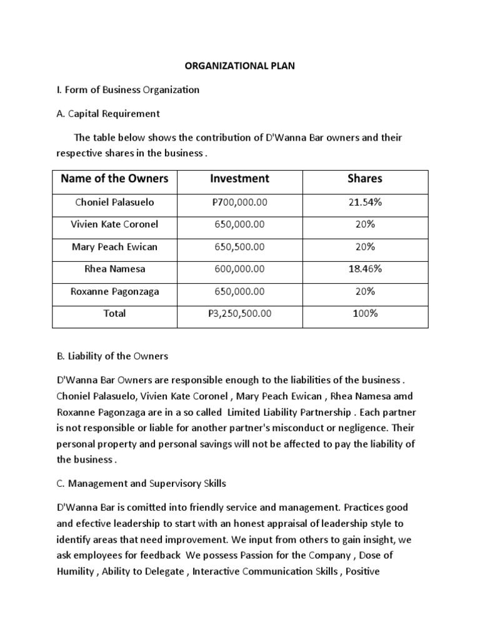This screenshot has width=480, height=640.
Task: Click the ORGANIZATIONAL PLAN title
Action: (240, 66)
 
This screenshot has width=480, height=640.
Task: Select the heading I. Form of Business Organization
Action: (128, 89)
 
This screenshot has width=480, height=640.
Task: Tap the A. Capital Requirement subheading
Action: (108, 113)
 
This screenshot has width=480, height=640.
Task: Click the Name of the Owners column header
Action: (114, 179)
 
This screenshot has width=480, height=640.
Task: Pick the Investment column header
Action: (239, 179)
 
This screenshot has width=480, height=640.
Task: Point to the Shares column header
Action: (365, 179)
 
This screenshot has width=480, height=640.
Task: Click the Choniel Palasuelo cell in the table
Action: (114, 202)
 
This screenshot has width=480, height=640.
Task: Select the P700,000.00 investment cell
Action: (239, 202)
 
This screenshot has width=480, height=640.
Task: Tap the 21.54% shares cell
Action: (365, 202)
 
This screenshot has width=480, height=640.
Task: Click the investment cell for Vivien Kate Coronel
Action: (239, 224)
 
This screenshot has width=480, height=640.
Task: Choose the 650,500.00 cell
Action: (239, 247)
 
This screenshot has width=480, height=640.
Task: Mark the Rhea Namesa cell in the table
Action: (114, 269)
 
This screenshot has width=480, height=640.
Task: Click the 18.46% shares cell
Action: (365, 269)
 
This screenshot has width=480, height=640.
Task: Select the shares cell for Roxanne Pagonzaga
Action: (365, 291)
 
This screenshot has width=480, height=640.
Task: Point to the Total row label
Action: (114, 313)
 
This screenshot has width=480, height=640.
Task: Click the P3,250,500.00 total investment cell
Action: (239, 313)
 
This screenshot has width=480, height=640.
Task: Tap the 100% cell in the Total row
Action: (365, 313)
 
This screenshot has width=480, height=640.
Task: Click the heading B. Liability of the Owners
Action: (112, 356)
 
